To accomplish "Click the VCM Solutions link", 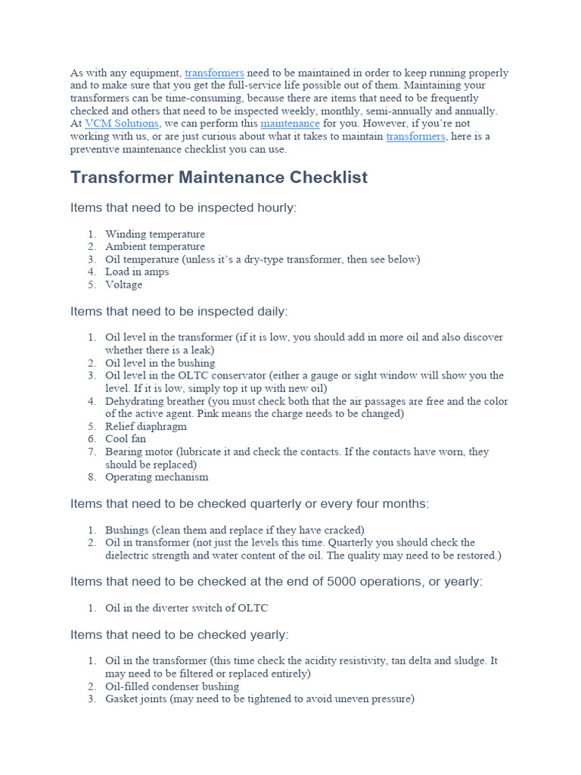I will click(122, 123).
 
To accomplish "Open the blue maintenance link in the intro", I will click(290, 123).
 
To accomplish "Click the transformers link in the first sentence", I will click(214, 73).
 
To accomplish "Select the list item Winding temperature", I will click(154, 234).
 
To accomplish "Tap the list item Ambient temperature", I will click(154, 247).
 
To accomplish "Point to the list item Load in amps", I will click(137, 272).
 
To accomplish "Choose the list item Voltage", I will click(123, 285).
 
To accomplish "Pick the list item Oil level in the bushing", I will click(160, 363).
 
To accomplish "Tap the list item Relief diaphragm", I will click(145, 426).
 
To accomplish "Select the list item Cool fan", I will click(126, 439).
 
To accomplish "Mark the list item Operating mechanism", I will click(157, 477).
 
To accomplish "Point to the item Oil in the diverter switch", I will click(186, 608).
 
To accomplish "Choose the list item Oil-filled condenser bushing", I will click(172, 686).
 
